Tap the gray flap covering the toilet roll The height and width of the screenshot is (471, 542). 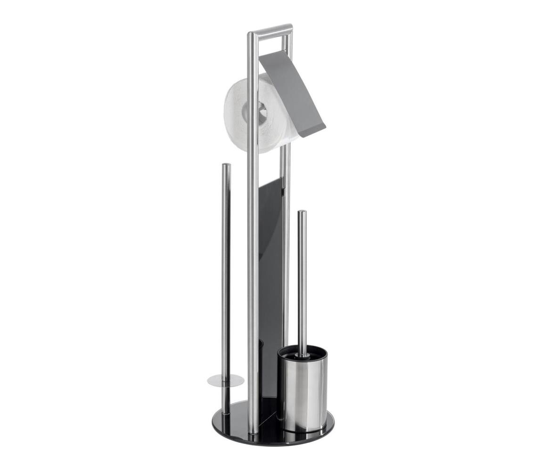pyautogui.click(x=293, y=92)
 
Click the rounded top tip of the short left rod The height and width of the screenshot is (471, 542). pyautogui.click(x=226, y=166)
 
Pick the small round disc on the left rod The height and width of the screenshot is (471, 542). pyautogui.click(x=225, y=381)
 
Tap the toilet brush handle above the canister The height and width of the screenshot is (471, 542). pyautogui.click(x=302, y=283)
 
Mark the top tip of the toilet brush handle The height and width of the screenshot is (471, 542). pyautogui.click(x=302, y=213)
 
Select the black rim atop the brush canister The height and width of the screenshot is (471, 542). pyautogui.click(x=302, y=352)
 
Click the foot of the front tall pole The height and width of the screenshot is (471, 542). pyautogui.click(x=253, y=430)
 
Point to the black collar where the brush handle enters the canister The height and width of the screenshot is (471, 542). pyautogui.click(x=302, y=354)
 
